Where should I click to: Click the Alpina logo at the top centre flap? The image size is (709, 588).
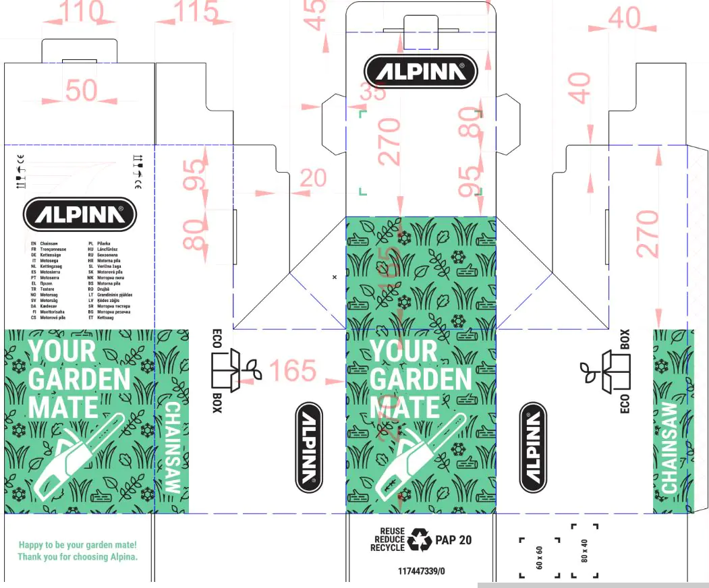(x=420, y=71)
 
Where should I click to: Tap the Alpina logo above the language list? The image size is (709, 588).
(x=80, y=214)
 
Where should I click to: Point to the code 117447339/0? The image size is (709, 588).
(x=422, y=571)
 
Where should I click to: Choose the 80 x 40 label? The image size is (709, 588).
(x=585, y=551)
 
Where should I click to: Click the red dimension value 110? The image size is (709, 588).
(x=82, y=12)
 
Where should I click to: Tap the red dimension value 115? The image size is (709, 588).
(x=196, y=12)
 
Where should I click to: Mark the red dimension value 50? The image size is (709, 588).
(x=82, y=90)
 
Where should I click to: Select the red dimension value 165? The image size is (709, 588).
(x=292, y=371)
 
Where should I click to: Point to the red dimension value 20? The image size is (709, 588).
(x=312, y=179)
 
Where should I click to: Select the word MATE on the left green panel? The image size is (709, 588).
(x=63, y=407)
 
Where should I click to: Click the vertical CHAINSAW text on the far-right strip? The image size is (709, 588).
(x=669, y=448)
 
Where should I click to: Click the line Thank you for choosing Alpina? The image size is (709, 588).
(x=78, y=557)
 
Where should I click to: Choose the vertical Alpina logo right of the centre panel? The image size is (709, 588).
(x=533, y=446)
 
